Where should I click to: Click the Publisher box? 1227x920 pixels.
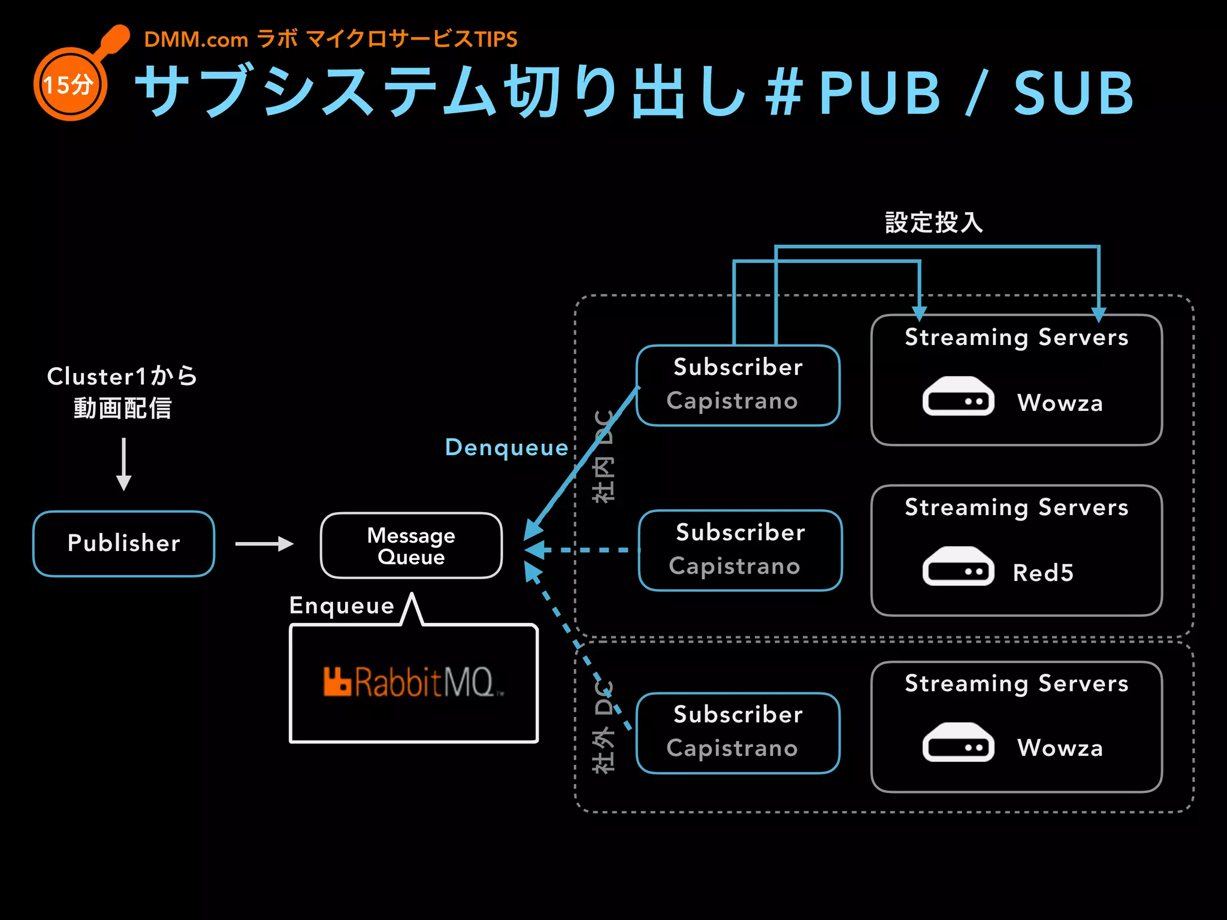(123, 543)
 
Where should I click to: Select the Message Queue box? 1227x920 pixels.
(411, 546)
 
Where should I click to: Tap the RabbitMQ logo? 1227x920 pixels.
(413, 682)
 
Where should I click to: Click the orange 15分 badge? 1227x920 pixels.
(70, 84)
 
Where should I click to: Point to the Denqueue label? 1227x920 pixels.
(506, 447)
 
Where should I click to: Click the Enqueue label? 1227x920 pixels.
(341, 606)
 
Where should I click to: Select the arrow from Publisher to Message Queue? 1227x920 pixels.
(264, 544)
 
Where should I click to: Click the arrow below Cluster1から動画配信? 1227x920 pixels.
(123, 464)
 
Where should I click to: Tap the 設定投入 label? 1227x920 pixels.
(934, 222)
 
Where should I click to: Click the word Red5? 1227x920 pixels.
(1043, 573)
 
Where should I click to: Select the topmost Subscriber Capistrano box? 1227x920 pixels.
(738, 385)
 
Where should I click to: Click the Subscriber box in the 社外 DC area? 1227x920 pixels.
(738, 733)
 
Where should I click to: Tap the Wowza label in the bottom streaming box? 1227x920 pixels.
(1060, 747)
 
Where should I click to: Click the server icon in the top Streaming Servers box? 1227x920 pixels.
(958, 396)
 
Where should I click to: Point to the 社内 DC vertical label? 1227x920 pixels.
(603, 456)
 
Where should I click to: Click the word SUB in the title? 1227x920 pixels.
(1073, 93)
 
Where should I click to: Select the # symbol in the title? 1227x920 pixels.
(784, 93)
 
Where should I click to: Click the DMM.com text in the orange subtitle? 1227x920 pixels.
(196, 40)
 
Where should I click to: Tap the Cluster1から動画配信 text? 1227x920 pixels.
(122, 392)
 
